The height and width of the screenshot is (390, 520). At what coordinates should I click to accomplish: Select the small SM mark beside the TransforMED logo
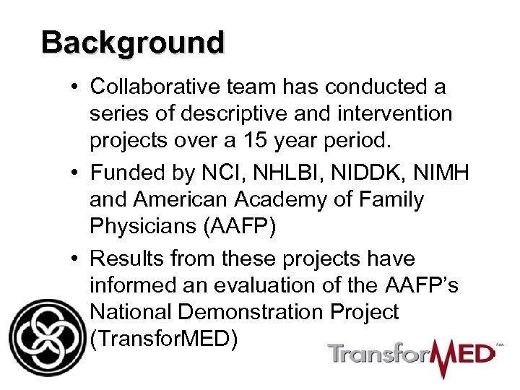(x=498, y=345)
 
